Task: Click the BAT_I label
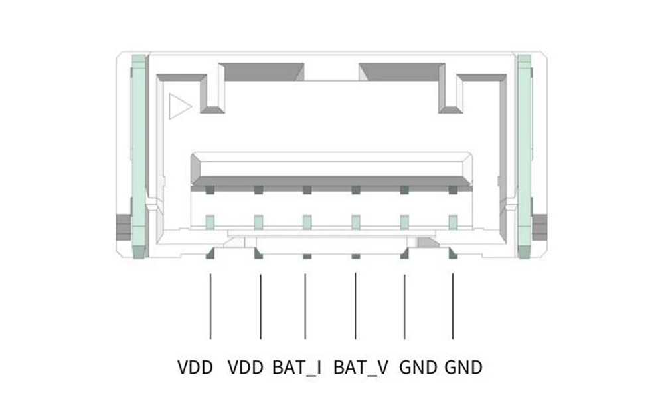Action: [x=296, y=368]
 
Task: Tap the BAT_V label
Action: [x=361, y=368]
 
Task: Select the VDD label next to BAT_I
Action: [x=246, y=368]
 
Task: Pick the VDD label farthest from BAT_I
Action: [x=195, y=368]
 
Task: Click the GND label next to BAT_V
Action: [x=418, y=368]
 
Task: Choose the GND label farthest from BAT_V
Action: [x=463, y=368]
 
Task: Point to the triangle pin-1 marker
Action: [x=179, y=106]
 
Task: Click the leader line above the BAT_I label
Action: [x=305, y=306]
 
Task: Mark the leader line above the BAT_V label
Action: [x=355, y=306]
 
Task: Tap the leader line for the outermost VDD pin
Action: [x=210, y=306]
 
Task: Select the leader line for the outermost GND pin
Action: [x=453, y=306]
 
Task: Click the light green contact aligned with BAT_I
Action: [x=307, y=222]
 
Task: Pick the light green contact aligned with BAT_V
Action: [x=356, y=222]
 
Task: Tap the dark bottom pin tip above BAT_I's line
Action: [x=307, y=257]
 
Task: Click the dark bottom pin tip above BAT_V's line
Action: [x=356, y=257]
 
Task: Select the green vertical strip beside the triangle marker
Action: [x=139, y=156]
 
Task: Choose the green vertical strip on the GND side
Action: [x=525, y=156]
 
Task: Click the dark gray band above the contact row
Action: [x=331, y=181]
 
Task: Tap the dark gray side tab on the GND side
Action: [x=539, y=227]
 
